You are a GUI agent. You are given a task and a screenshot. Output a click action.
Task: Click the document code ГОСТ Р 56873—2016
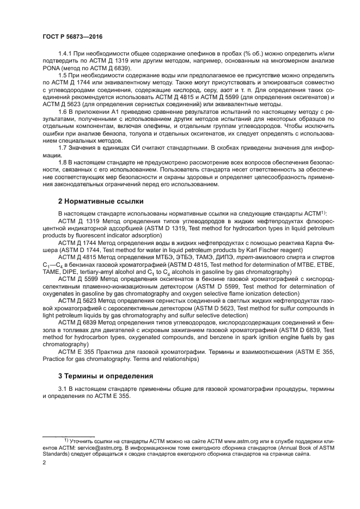(x=72, y=35)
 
